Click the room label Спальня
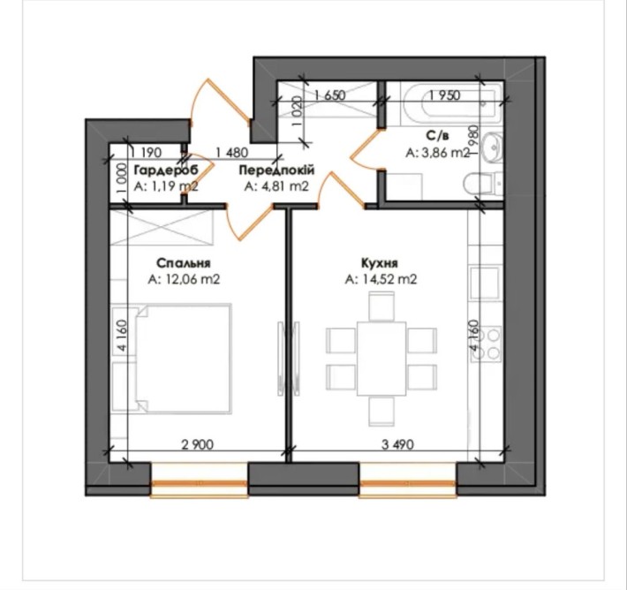tap(184, 262)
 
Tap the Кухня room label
tap(380, 262)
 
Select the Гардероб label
tap(165, 169)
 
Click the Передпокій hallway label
tap(278, 169)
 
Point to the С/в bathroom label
tap(436, 136)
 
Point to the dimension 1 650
tap(329, 95)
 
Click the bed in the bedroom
tap(175, 357)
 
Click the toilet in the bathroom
tap(484, 184)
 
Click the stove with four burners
tap(488, 343)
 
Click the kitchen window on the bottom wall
tap(407, 482)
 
